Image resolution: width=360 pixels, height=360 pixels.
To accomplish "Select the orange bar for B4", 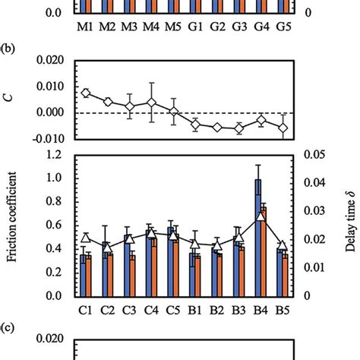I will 264,251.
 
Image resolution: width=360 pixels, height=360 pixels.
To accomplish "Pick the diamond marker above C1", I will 86,93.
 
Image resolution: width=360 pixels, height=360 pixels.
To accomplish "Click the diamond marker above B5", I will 283,128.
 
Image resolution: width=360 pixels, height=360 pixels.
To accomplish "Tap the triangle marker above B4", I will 261,216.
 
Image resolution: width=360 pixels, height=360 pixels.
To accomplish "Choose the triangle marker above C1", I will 86,238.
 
